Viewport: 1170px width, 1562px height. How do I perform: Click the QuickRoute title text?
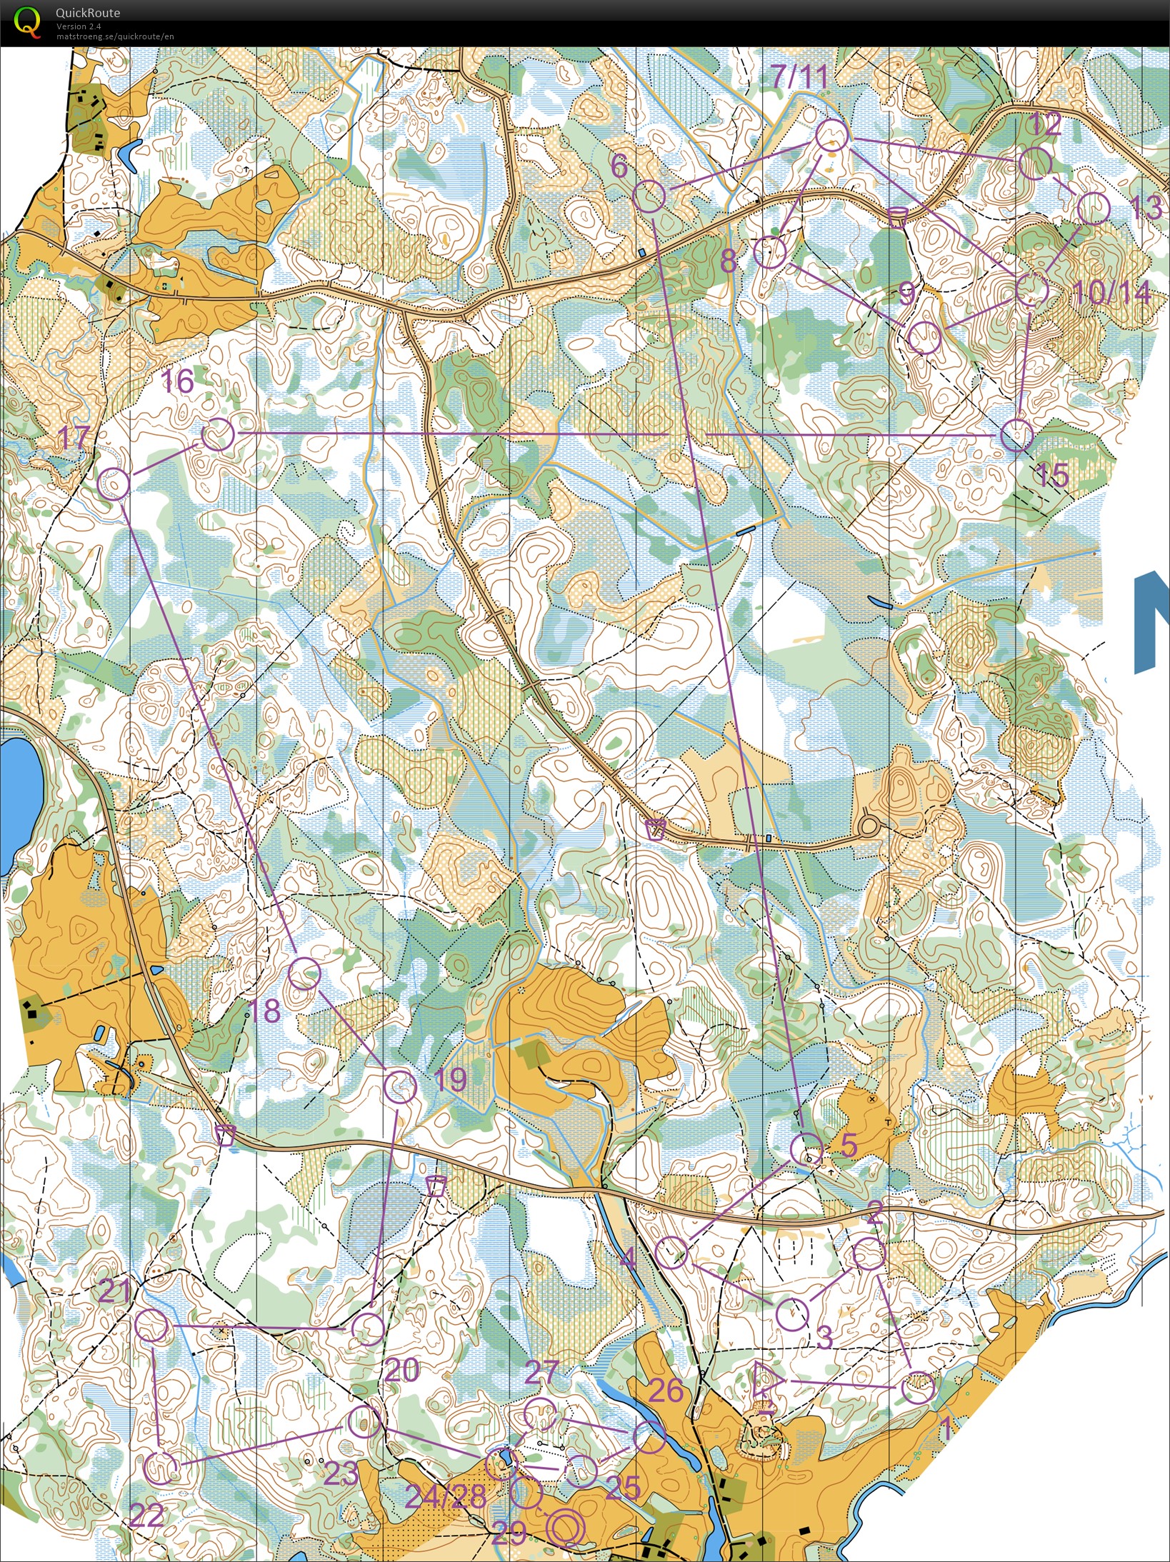pyautogui.click(x=87, y=12)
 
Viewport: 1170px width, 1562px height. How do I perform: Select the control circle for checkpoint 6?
pyautogui.click(x=649, y=196)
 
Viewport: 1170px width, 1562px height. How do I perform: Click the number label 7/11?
pyautogui.click(x=799, y=76)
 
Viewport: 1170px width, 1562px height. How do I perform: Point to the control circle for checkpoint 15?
pyautogui.click(x=1016, y=436)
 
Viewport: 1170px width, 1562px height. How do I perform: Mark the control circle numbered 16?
pyautogui.click(x=218, y=434)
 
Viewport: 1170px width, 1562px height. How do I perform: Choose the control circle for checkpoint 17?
pyautogui.click(x=114, y=484)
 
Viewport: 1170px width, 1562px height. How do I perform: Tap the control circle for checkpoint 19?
pyautogui.click(x=400, y=1087)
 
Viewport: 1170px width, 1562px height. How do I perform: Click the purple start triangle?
pyautogui.click(x=766, y=1380)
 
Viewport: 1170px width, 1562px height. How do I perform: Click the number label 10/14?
pyautogui.click(x=1111, y=292)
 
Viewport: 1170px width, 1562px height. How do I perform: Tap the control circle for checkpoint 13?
pyautogui.click(x=1093, y=209)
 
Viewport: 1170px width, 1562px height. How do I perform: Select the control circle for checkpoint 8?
pyautogui.click(x=770, y=252)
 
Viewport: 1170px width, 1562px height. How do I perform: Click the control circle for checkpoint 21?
pyautogui.click(x=152, y=1326)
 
